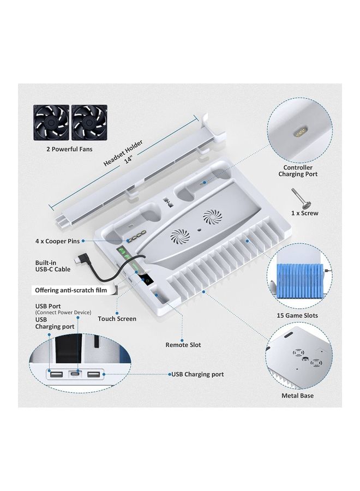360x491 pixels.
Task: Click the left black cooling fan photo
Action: [x=51, y=122]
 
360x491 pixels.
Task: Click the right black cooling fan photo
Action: [x=89, y=122]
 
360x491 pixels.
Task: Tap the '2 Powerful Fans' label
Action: [x=69, y=149]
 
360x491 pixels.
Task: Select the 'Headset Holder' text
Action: [x=123, y=153]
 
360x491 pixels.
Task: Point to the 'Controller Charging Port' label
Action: [x=298, y=171]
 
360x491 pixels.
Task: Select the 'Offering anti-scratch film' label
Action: [x=71, y=290]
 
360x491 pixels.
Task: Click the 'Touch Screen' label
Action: [x=117, y=319]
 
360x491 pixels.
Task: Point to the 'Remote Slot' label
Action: [x=183, y=345]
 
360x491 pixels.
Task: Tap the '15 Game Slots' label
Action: [x=297, y=315]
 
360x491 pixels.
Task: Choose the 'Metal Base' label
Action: [x=297, y=396]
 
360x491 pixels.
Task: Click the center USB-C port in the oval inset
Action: [x=75, y=374]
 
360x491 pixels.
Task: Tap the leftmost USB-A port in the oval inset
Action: [x=56, y=374]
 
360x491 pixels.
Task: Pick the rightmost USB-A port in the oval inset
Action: [x=94, y=374]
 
